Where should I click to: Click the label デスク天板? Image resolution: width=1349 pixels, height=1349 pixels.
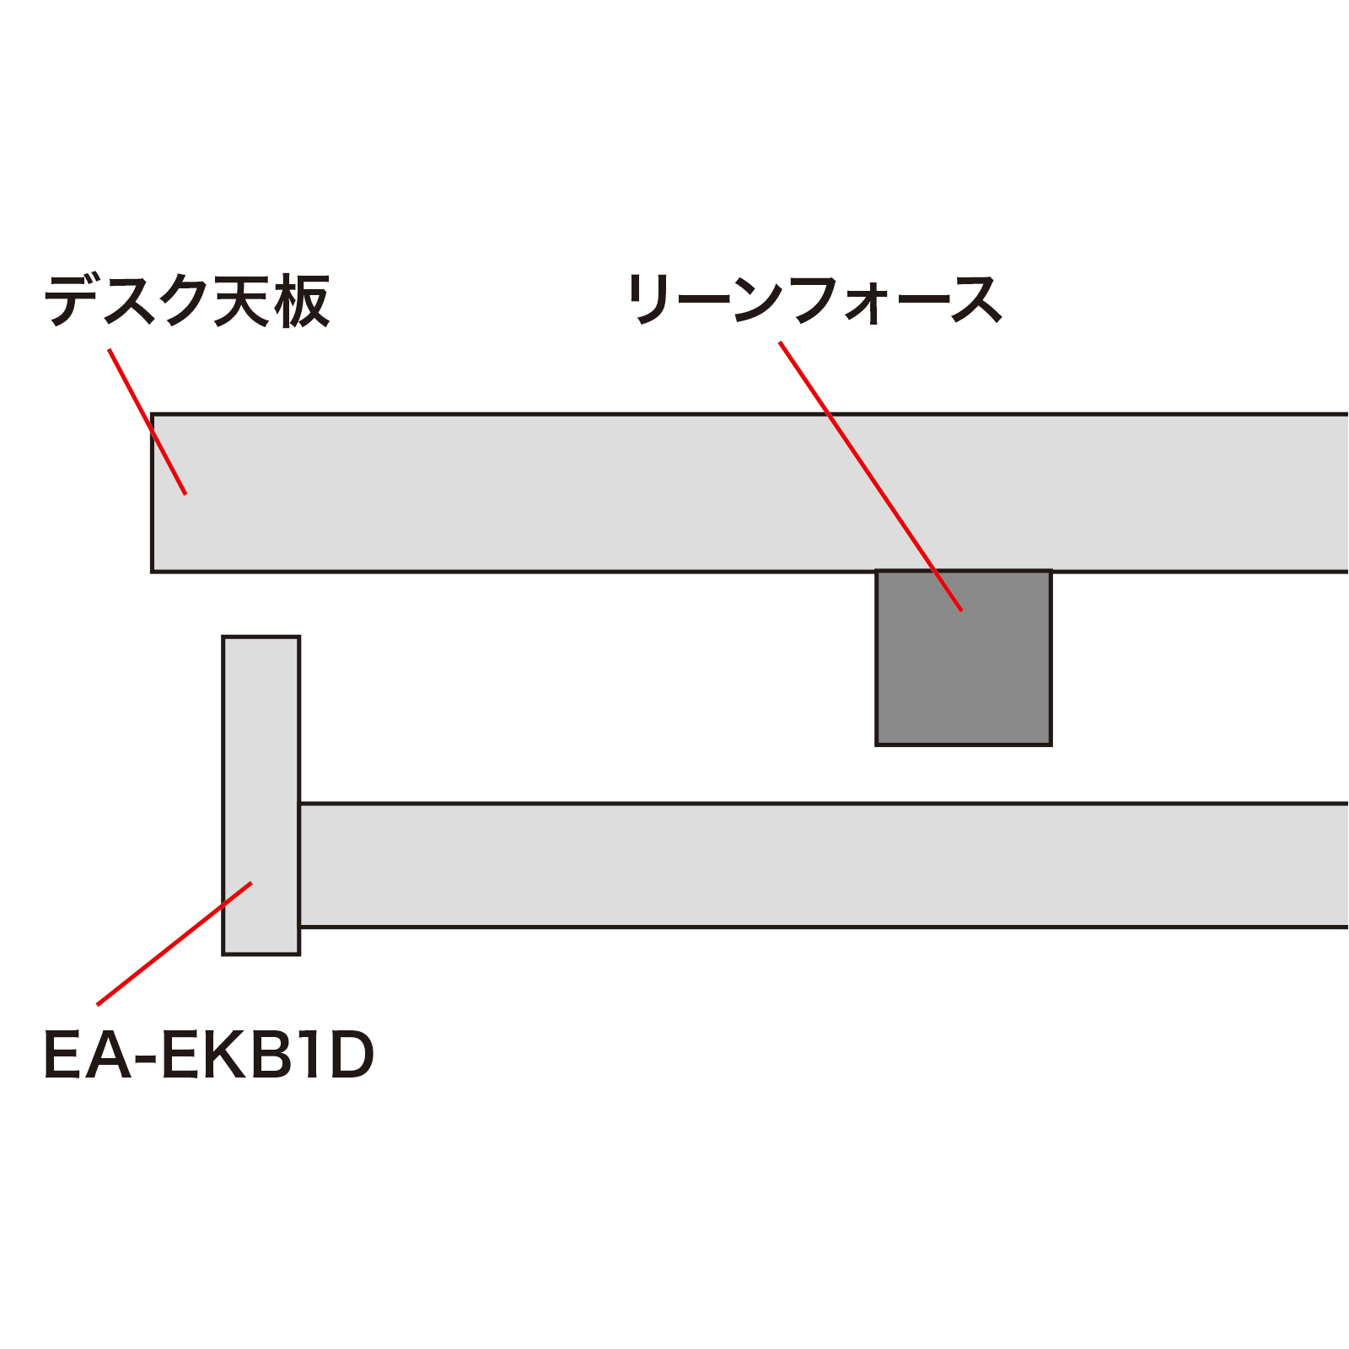coord(186,301)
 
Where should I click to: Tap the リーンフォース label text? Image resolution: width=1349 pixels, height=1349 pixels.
coord(814,299)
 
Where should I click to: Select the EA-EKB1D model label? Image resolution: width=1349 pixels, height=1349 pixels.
coord(208,1056)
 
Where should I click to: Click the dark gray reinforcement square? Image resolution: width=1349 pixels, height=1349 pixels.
coord(964,658)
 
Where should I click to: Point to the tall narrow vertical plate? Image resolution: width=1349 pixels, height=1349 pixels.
coord(261,795)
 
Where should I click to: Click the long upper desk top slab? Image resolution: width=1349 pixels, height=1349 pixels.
coord(750,493)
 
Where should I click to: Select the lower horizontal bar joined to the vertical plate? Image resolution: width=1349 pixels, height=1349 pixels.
coord(825,865)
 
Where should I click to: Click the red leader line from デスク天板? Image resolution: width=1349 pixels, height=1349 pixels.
coord(148,422)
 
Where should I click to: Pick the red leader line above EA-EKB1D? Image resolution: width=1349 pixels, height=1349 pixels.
coord(175,943)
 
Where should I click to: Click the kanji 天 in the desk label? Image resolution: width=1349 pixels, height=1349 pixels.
coord(242,301)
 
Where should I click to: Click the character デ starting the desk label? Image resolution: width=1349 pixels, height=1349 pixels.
coord(72,301)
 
